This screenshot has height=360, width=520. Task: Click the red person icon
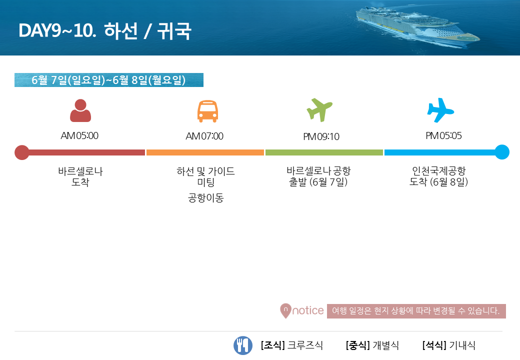point(80,110)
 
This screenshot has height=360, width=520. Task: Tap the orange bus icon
point(207,111)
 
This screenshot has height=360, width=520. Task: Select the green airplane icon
point(319,109)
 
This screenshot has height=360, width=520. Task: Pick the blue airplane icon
point(440,110)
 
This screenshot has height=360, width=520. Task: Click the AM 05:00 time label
point(79,135)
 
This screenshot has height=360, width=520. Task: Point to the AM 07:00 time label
point(204,136)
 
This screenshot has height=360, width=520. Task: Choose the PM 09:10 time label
point(321,136)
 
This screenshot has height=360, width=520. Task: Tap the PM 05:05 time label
point(443,135)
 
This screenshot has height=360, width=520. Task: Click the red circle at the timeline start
point(22,152)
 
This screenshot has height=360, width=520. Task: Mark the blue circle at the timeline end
point(502,152)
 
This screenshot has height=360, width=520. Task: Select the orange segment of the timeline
point(205,152)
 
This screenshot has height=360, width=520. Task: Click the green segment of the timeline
point(324,152)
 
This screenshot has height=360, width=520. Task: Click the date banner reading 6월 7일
point(109,80)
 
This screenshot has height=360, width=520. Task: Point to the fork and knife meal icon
point(243,345)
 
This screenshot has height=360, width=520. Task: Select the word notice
point(308,310)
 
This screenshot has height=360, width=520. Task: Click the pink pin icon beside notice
point(285,311)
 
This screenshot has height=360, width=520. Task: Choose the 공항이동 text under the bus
point(206,198)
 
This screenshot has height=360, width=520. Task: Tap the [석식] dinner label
point(434,345)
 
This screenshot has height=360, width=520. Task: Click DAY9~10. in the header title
point(57,31)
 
